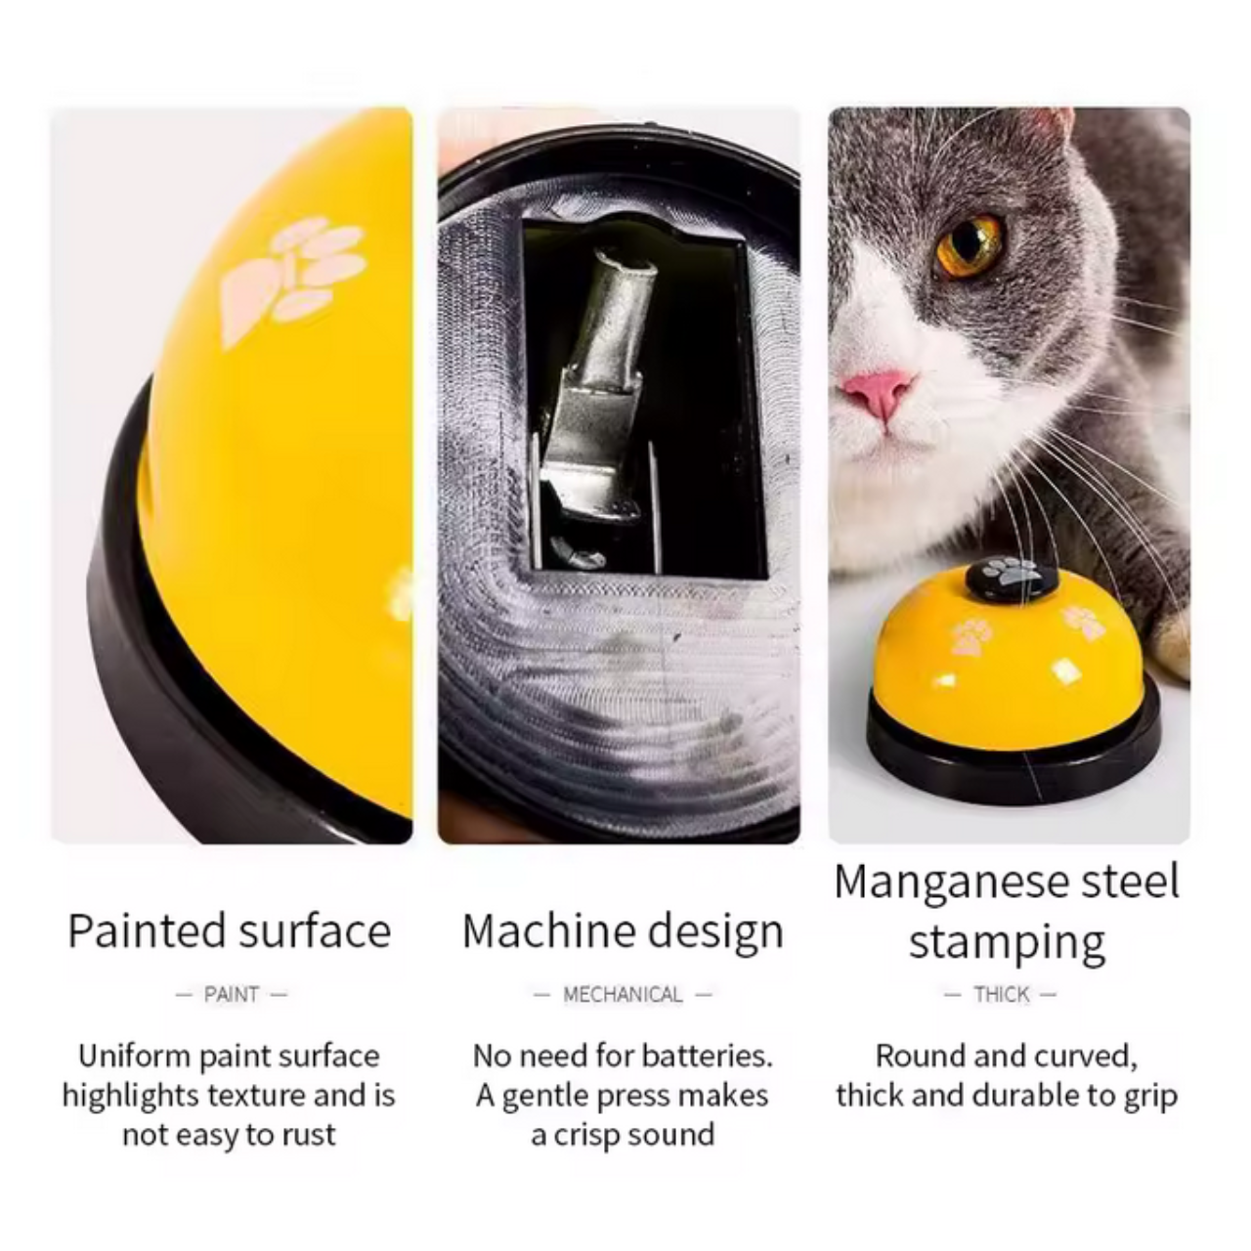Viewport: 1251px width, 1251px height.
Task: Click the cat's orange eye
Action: (969, 245)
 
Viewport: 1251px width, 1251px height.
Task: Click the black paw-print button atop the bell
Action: (1011, 578)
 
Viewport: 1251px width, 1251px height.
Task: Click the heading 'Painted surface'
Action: (230, 930)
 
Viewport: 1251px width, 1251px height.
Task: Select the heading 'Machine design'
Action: (623, 930)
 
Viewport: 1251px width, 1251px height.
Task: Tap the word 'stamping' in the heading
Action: (1007, 942)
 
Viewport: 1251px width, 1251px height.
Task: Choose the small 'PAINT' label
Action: (232, 995)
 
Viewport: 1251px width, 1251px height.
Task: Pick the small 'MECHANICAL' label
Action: (623, 995)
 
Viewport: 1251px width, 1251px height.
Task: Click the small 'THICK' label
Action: (1002, 995)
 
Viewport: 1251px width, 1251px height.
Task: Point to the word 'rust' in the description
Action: (310, 1136)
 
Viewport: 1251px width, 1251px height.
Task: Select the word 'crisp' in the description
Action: (592, 1136)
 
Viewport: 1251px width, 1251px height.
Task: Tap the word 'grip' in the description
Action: (1149, 1096)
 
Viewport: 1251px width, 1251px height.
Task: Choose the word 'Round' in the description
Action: (914, 1057)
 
